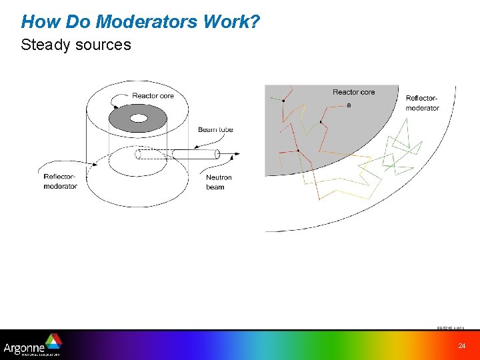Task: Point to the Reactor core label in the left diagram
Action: (x=153, y=95)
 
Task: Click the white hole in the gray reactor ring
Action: (x=139, y=118)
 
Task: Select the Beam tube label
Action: (x=215, y=129)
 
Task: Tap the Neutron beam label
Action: (x=219, y=182)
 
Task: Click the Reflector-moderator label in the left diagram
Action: (x=61, y=181)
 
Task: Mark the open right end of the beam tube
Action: (x=217, y=154)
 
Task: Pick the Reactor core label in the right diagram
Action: (x=353, y=92)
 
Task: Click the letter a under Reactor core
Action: (x=348, y=105)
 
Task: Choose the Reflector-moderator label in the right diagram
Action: (x=422, y=103)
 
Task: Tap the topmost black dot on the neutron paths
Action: (x=283, y=101)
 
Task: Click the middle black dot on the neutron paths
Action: (x=321, y=122)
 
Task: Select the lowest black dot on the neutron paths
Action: (x=297, y=150)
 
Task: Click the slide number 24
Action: (x=461, y=345)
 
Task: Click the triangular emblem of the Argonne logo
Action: (x=53, y=341)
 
